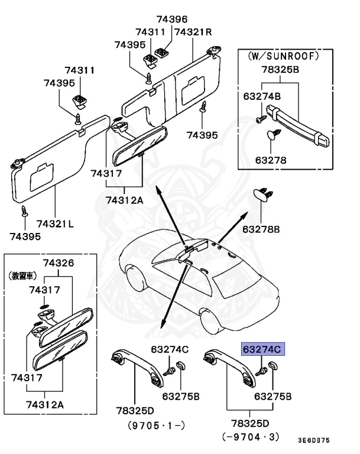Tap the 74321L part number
tap(55, 224)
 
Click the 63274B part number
tap(261, 95)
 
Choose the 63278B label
tap(261, 228)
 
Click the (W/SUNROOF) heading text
tap(282, 56)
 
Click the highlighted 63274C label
tap(261, 349)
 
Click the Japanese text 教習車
tap(20, 275)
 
